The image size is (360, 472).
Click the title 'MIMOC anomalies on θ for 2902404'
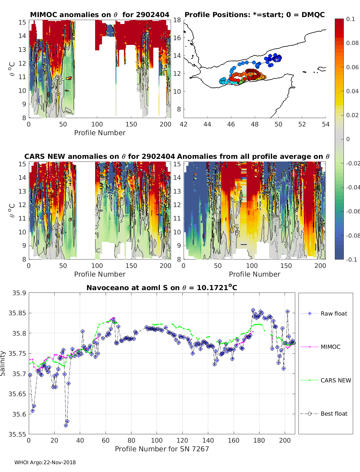[100, 15]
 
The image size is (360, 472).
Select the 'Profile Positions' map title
[254, 15]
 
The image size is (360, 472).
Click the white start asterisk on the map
[277, 59]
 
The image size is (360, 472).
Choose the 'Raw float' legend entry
[334, 313]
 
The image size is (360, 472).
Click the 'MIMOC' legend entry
[330, 347]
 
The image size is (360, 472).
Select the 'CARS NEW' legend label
[336, 380]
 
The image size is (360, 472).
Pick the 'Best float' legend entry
[334, 414]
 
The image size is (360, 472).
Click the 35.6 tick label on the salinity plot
[19, 414]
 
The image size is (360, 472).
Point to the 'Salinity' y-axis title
[3, 363]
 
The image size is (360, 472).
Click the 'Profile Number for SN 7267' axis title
[162, 449]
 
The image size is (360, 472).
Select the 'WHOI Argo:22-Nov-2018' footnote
[45, 462]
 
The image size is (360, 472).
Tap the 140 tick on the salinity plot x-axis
[208, 440]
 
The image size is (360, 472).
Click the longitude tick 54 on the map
[325, 124]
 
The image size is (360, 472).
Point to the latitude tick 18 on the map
[177, 20]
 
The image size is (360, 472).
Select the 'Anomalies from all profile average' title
[253, 156]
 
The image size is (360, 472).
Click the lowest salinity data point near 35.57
[66, 425]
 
